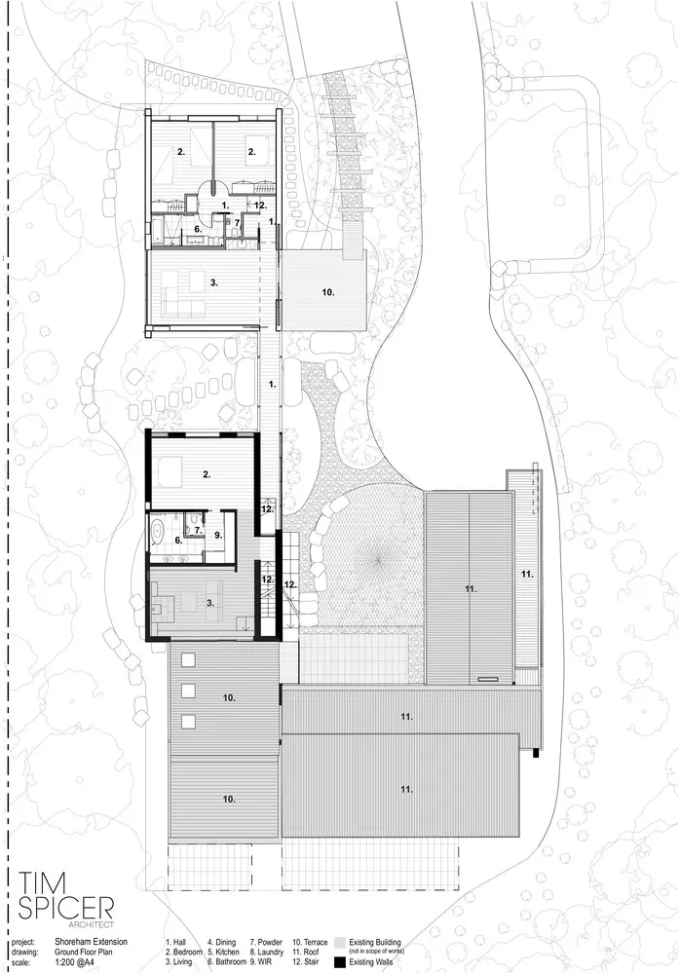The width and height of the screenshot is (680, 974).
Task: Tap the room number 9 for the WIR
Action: click(x=218, y=535)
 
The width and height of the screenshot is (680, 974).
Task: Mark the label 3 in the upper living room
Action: click(x=212, y=282)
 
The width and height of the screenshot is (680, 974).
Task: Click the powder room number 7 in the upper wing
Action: click(x=236, y=222)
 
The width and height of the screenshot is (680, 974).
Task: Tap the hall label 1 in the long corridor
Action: click(x=273, y=385)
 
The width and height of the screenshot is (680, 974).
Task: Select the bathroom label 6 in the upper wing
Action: click(x=198, y=230)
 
